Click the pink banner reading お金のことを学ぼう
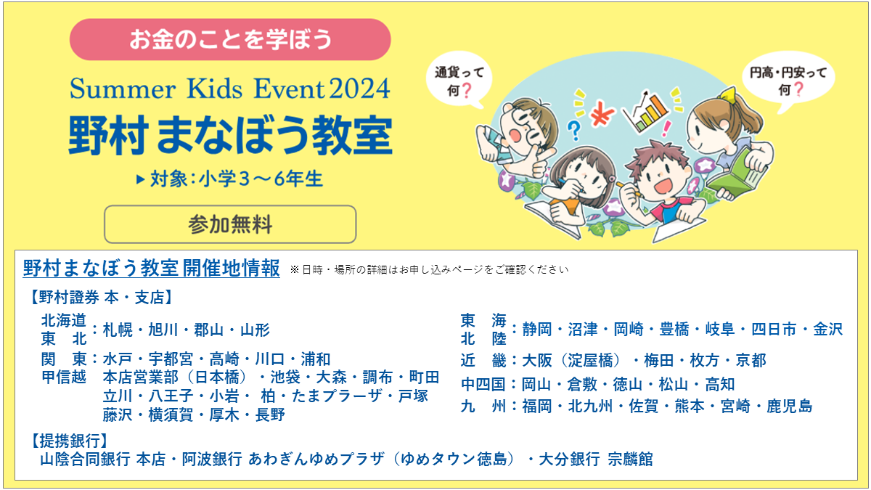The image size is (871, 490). click(230, 39)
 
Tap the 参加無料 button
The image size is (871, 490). click(230, 224)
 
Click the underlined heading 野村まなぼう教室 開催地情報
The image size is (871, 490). click(151, 268)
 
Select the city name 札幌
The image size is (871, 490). click(118, 330)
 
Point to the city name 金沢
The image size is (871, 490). click(828, 330)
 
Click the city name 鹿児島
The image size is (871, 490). click(790, 407)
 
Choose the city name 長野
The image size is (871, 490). click(270, 415)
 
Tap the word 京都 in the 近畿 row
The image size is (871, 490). click(751, 361)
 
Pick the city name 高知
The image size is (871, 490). click(720, 385)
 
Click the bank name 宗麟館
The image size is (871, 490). click(630, 460)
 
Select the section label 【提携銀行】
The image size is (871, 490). click(69, 441)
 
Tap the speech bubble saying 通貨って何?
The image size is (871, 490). click(459, 81)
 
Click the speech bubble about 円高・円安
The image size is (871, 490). click(788, 81)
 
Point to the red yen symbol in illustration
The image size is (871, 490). click(602, 113)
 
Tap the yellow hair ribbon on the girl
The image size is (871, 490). click(728, 94)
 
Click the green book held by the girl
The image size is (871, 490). click(733, 173)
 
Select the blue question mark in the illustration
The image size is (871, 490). click(574, 131)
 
